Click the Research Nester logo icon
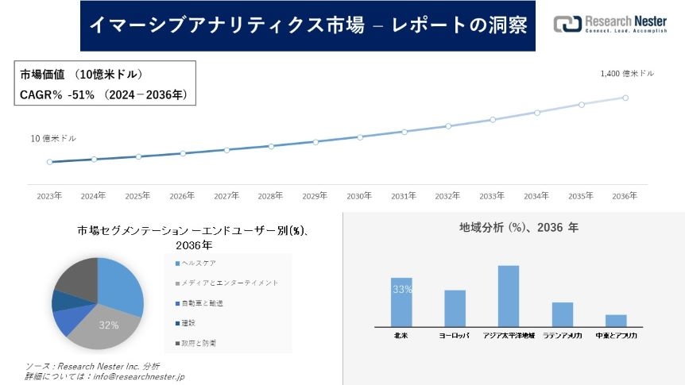pyautogui.click(x=567, y=25)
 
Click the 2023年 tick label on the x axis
pyautogui.click(x=49, y=195)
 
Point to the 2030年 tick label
pyautogui.click(x=359, y=195)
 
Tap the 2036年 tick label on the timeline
pyautogui.click(x=625, y=195)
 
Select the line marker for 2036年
pyautogui.click(x=625, y=98)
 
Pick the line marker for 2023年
pyautogui.click(x=49, y=162)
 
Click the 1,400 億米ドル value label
pyautogui.click(x=628, y=73)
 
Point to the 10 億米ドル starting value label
pyautogui.click(x=53, y=138)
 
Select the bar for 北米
pyautogui.click(x=401, y=302)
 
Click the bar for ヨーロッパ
pyautogui.click(x=455, y=308)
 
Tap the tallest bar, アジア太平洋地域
pyautogui.click(x=509, y=295)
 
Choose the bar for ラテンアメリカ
pyautogui.click(x=563, y=314)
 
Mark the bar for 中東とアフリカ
pyautogui.click(x=616, y=320)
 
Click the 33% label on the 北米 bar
pyautogui.click(x=401, y=290)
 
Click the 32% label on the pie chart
pyautogui.click(x=109, y=325)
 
